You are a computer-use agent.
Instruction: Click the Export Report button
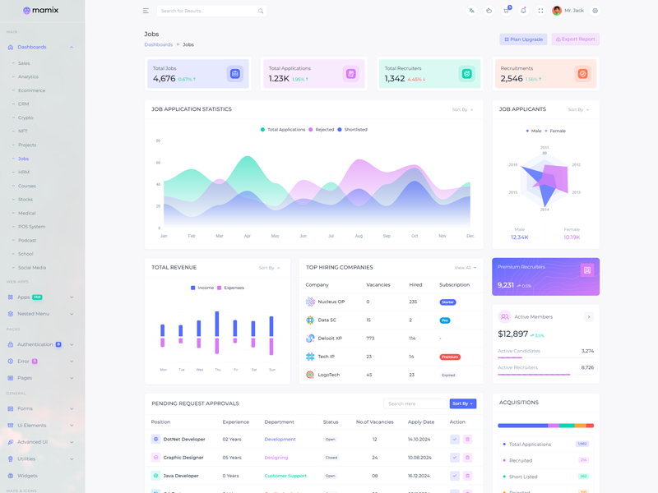click(576, 39)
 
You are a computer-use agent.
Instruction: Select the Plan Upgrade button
click(523, 39)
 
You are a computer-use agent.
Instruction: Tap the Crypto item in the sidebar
click(25, 117)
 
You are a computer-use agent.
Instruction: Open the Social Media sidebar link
click(32, 268)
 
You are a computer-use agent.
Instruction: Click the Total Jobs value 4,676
click(164, 79)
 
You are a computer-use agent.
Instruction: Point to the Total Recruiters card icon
click(466, 74)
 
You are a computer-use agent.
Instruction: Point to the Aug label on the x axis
click(359, 236)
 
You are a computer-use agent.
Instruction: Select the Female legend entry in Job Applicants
click(557, 131)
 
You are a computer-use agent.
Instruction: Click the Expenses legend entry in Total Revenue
click(234, 288)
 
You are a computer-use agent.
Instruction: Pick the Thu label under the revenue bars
click(217, 370)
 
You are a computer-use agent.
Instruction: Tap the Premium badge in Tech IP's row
click(450, 357)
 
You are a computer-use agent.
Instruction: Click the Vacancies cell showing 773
click(370, 339)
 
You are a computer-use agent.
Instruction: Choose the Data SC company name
click(327, 320)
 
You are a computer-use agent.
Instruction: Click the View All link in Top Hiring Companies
click(465, 268)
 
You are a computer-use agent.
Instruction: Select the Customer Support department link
click(285, 476)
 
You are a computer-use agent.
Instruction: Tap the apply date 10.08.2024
click(419, 458)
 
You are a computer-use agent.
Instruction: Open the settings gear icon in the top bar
click(595, 12)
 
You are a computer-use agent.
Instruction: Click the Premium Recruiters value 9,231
click(506, 285)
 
